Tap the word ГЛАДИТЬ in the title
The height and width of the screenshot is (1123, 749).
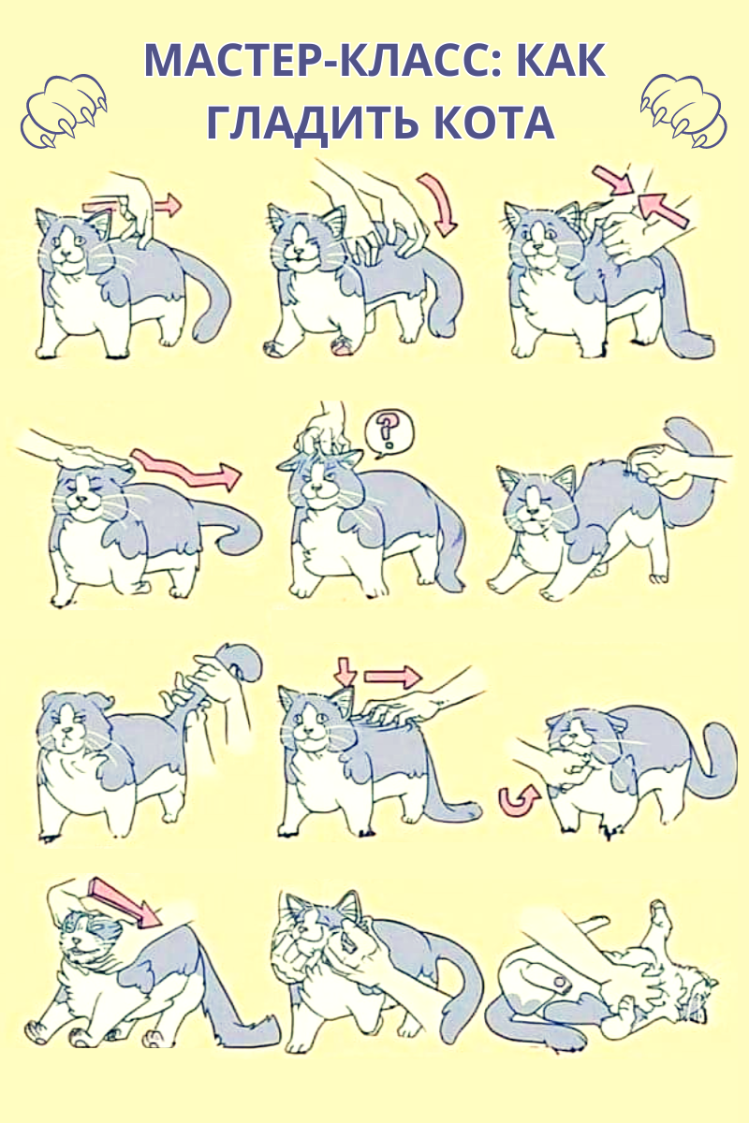click(312, 122)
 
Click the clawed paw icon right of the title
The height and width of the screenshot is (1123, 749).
click(683, 110)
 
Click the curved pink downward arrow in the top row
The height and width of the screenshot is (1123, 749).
click(438, 205)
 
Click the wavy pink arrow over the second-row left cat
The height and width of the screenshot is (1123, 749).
click(185, 467)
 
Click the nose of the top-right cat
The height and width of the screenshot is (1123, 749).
click(538, 247)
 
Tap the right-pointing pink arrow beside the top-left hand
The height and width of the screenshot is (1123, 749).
click(167, 206)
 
